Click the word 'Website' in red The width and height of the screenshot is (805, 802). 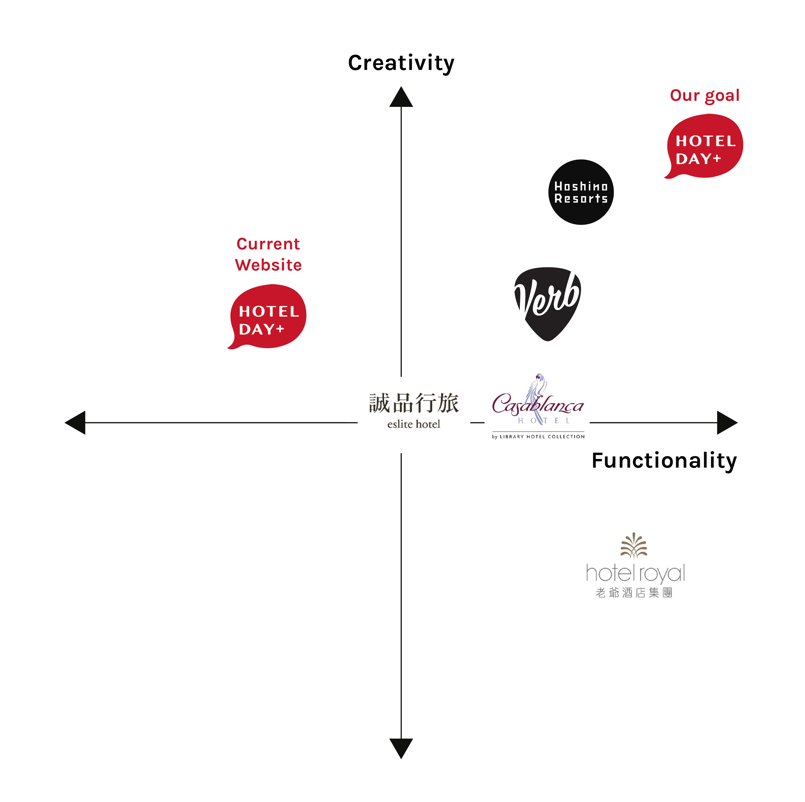pyautogui.click(x=268, y=265)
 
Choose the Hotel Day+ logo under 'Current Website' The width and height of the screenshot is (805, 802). pyautogui.click(x=267, y=316)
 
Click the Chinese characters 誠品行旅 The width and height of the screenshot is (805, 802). pyautogui.click(x=413, y=403)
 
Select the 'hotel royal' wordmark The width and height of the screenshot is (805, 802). pyautogui.click(x=635, y=573)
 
